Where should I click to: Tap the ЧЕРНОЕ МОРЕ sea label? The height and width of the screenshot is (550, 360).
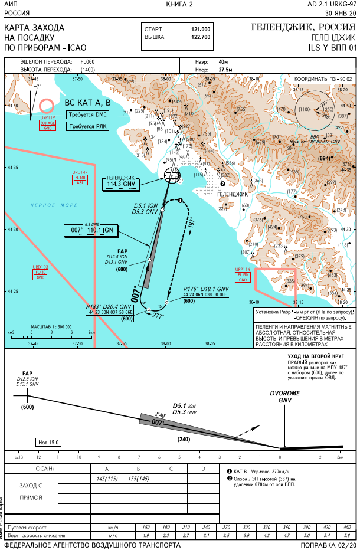point(54,205)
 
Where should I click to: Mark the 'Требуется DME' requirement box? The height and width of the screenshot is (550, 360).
point(88,114)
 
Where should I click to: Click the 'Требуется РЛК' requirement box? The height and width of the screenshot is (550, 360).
point(88,126)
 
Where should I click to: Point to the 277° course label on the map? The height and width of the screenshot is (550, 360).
point(158,316)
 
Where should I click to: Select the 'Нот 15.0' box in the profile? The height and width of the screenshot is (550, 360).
point(49,441)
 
